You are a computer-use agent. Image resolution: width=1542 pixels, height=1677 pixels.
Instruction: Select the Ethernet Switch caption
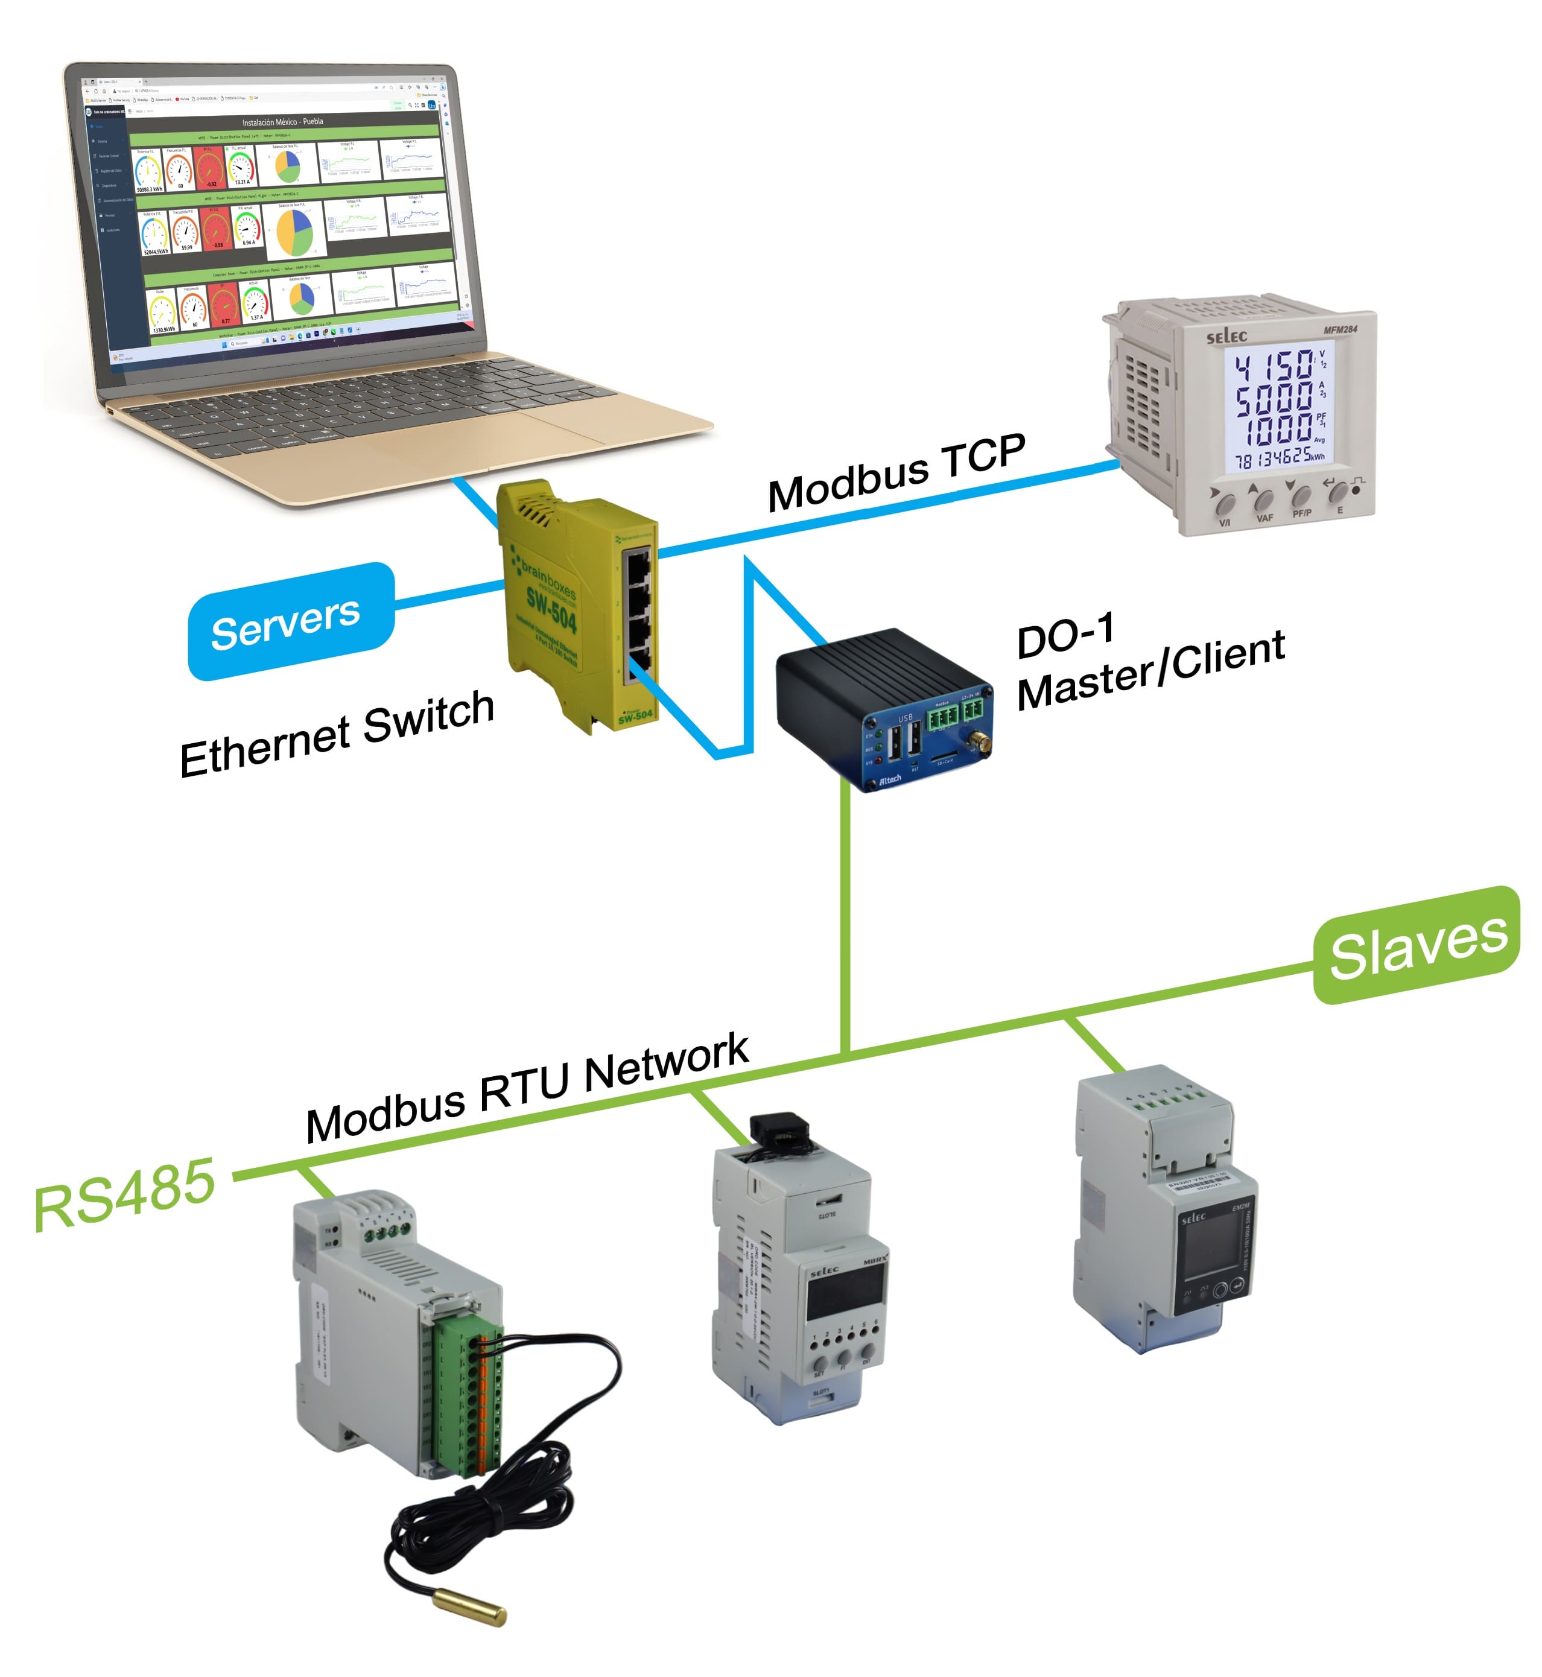(x=337, y=734)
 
